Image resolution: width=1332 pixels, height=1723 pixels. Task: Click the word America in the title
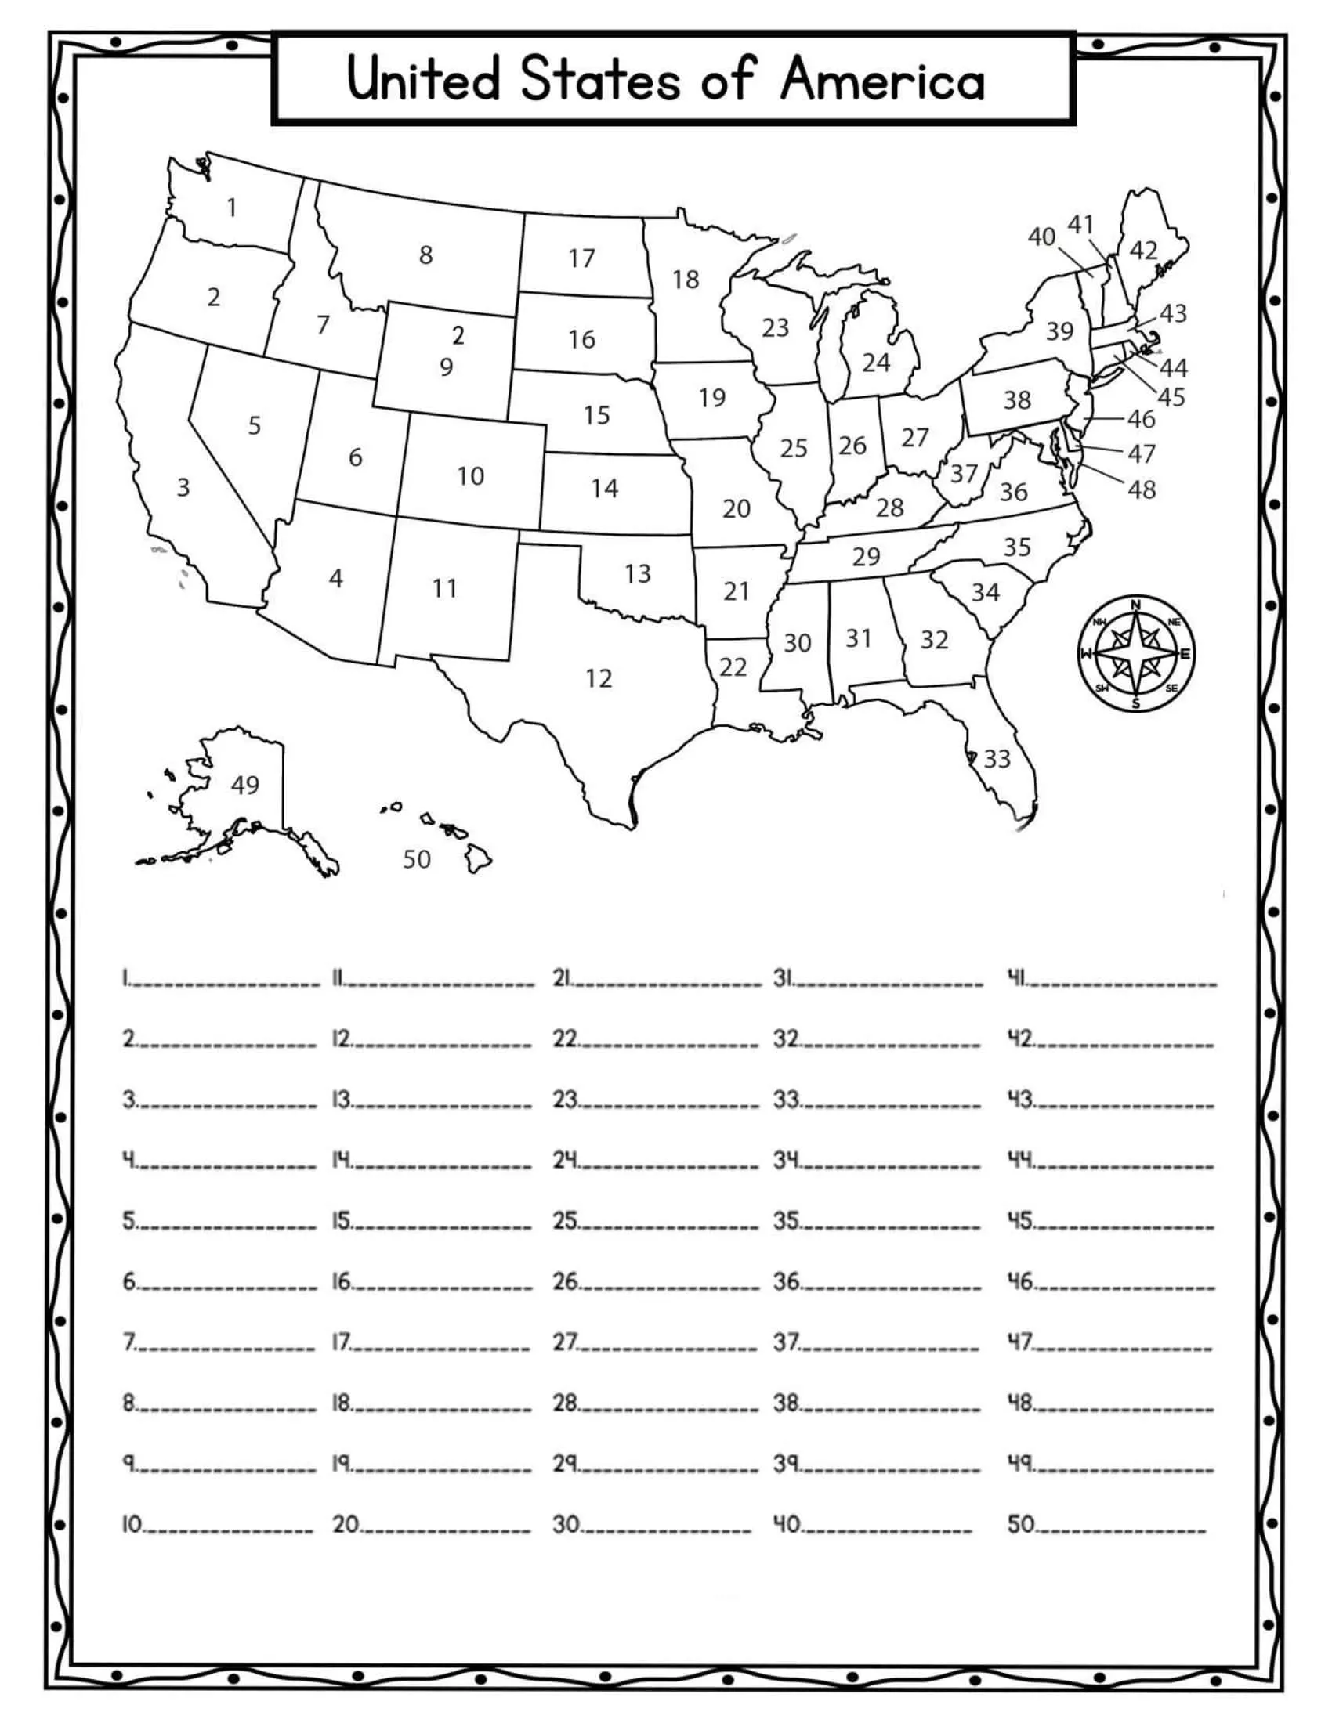(882, 79)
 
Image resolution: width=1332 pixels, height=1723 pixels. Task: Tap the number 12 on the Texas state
(598, 678)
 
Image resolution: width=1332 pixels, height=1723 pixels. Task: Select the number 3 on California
(183, 487)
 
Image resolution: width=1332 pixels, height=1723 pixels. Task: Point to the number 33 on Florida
(997, 758)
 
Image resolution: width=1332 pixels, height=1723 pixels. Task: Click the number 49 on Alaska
(244, 784)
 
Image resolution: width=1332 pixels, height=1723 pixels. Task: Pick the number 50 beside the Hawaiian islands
(417, 859)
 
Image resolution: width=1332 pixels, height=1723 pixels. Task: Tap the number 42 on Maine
(1143, 250)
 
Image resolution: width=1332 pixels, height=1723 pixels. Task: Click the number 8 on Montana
(425, 255)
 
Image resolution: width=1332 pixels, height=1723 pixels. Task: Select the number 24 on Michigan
(876, 362)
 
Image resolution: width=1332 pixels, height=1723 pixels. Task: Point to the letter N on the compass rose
(1135, 605)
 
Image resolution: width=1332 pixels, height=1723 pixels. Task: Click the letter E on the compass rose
(1185, 654)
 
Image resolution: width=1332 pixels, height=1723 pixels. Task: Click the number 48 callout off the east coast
(1142, 490)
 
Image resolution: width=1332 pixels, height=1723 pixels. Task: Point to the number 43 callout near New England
(1173, 313)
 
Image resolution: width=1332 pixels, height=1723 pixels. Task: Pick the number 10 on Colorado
(470, 475)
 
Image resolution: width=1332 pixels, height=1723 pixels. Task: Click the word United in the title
(424, 79)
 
